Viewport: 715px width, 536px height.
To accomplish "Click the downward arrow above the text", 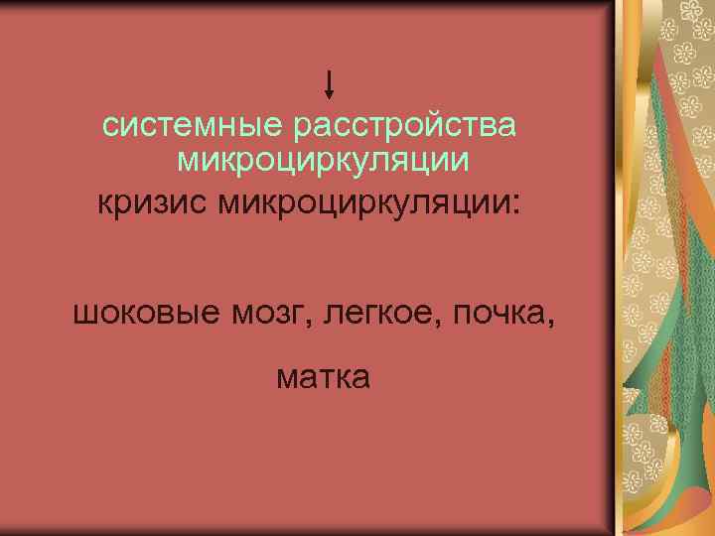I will (x=330, y=83).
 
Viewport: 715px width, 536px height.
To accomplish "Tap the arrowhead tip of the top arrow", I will (x=330, y=97).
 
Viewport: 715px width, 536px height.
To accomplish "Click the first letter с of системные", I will (x=111, y=129).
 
